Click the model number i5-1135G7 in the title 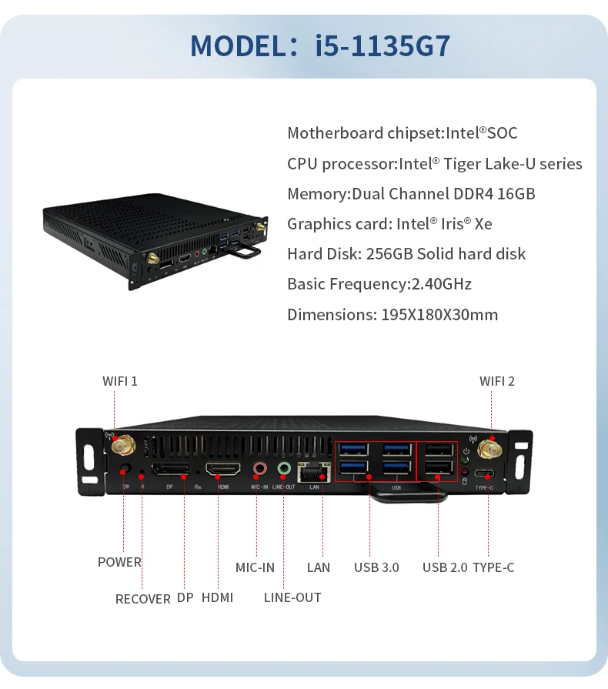pos(383,46)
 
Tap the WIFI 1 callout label pos(120,381)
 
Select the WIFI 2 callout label pos(497,381)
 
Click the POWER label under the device pos(119,562)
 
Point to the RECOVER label pos(143,598)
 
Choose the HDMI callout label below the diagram pos(217,597)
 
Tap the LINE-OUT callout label pos(292,597)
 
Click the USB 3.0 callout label pos(376,567)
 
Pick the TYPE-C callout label pos(493,567)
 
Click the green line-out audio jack pos(284,468)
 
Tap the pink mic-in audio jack pos(260,469)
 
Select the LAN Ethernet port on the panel pos(314,471)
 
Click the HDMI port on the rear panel pos(222,470)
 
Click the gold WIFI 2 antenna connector pos(487,449)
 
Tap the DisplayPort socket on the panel pos(169,470)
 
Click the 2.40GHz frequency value pos(441,284)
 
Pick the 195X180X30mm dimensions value pos(439,314)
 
